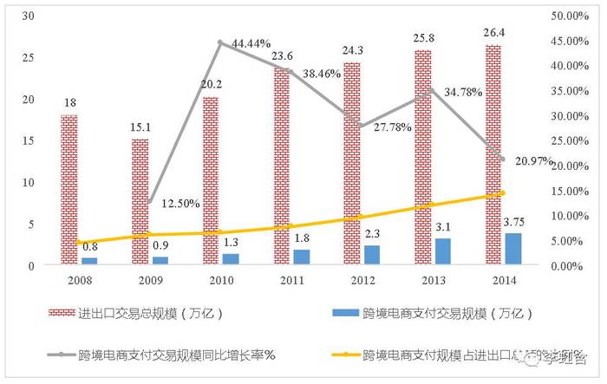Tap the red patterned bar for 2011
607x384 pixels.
[282, 166]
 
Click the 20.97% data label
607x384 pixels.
[531, 162]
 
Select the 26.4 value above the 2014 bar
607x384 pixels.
[492, 35]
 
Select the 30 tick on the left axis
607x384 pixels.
[28, 16]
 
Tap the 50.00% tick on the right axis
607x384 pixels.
[570, 16]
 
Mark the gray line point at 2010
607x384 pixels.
[220, 42]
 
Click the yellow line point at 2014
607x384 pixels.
[503, 192]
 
